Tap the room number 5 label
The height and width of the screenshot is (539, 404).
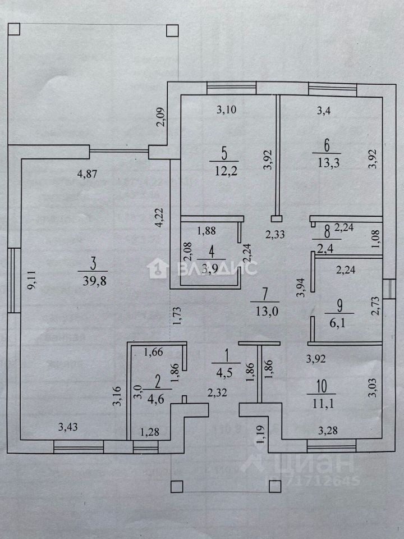click(223, 152)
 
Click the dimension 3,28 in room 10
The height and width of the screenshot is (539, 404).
click(328, 431)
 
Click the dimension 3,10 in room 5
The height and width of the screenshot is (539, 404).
click(227, 111)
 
